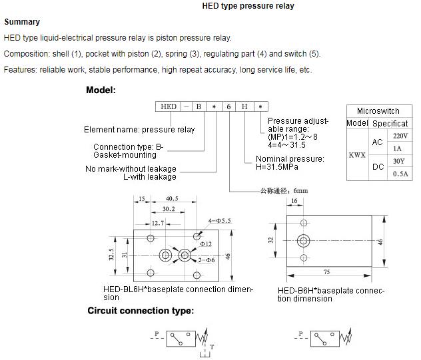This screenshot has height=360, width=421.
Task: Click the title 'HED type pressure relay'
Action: [248, 7]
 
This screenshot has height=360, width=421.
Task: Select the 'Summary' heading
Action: [22, 22]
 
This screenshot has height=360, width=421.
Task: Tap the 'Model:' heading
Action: [101, 89]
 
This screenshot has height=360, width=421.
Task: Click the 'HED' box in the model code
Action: [169, 106]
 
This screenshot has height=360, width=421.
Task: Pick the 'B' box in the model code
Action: [198, 106]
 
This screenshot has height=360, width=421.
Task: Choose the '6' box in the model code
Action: [228, 106]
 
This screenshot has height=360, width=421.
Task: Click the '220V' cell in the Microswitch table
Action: [400, 136]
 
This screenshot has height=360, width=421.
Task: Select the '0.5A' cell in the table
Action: [400, 174]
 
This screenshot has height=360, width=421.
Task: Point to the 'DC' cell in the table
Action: [378, 167]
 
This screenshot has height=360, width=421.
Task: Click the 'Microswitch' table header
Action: [378, 110]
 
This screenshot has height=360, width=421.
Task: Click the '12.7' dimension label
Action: [157, 223]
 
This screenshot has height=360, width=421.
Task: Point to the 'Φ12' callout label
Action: [207, 244]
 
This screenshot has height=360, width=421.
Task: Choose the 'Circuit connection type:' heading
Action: [141, 311]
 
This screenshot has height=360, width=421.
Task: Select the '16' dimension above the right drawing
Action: [294, 200]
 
